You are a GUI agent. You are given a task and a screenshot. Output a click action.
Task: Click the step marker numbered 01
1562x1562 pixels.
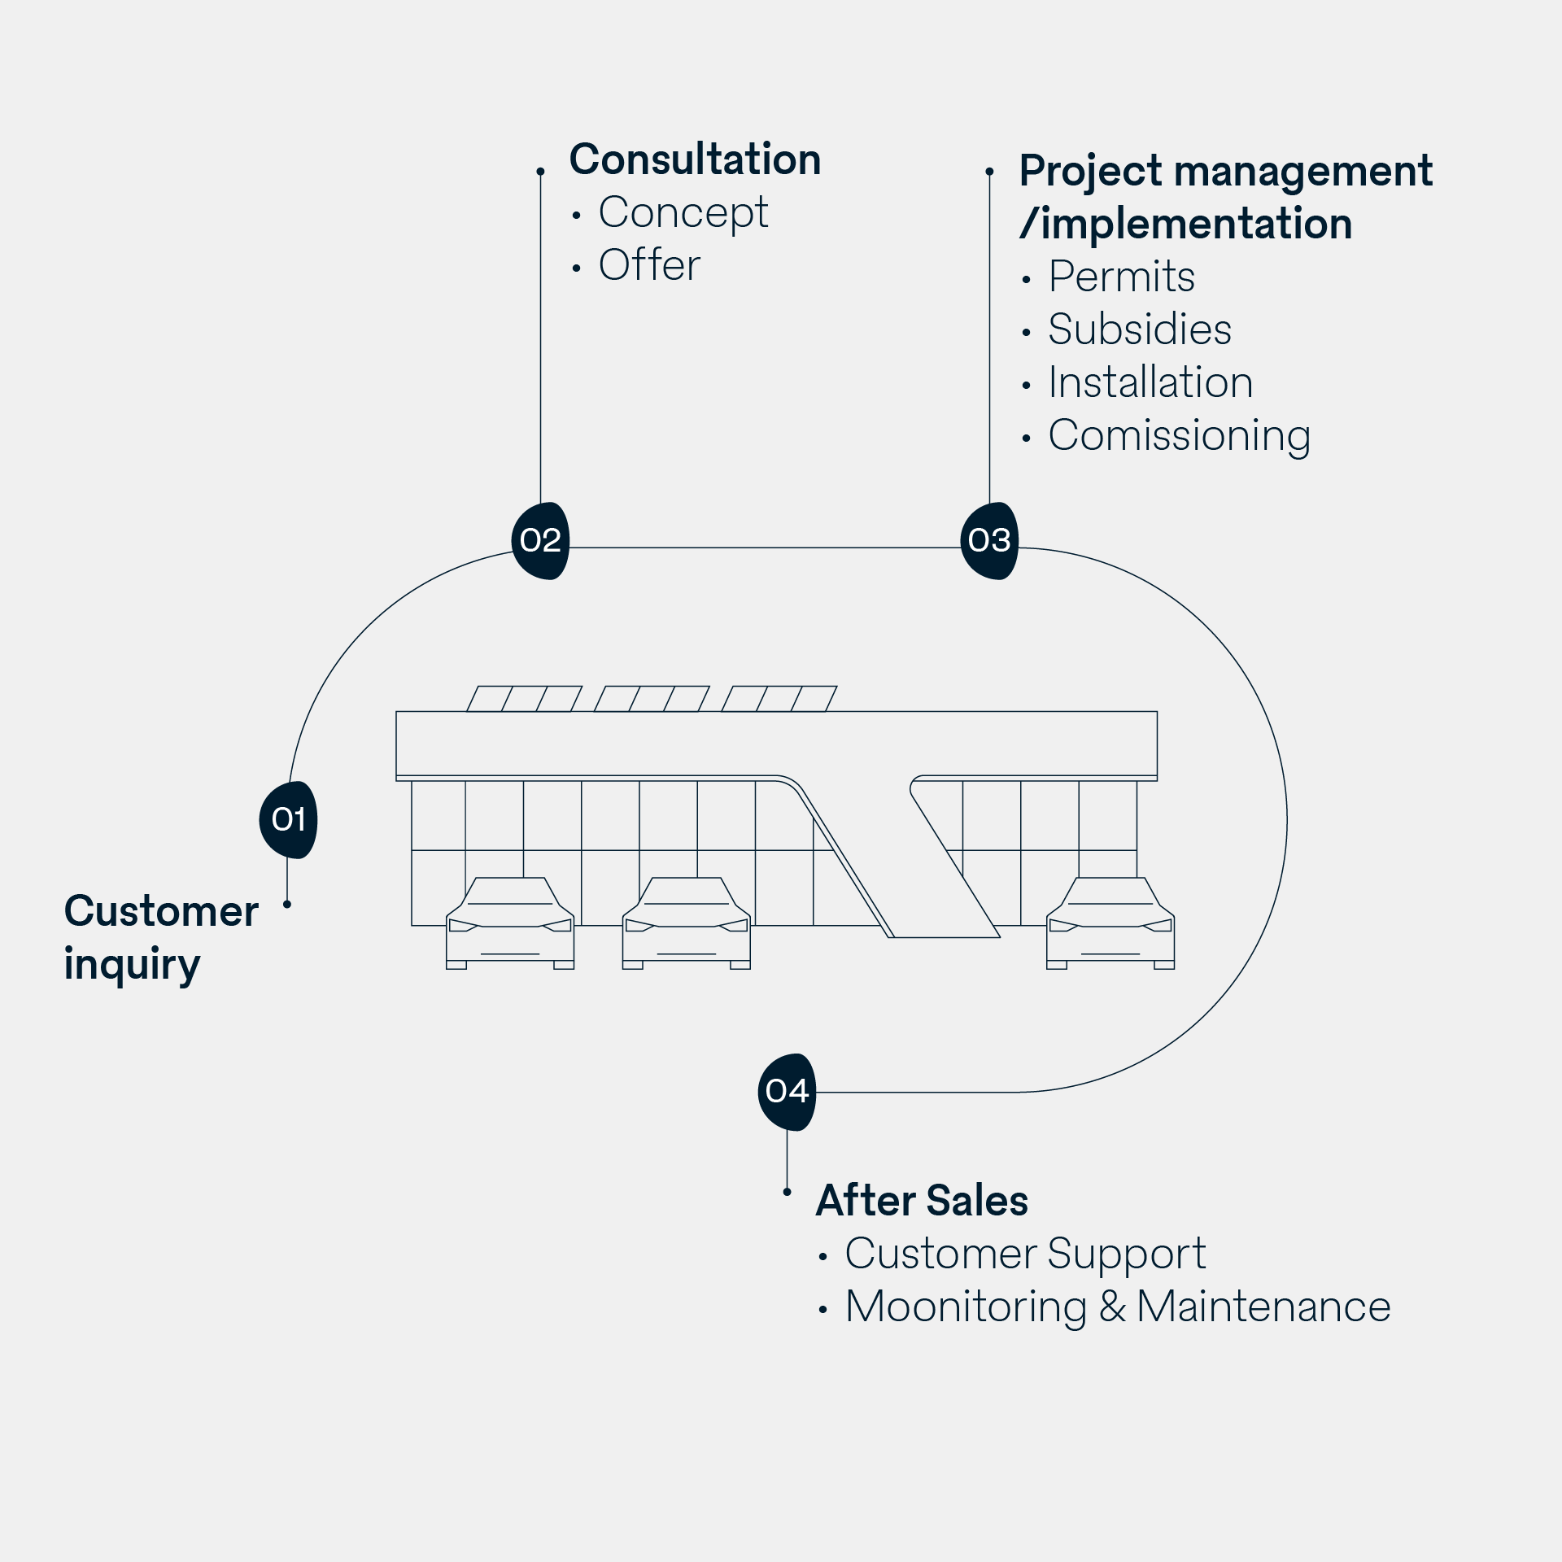[288, 819]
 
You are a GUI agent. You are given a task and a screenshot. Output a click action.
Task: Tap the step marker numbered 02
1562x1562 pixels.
[540, 540]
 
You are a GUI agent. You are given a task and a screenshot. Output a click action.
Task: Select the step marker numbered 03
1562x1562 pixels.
[989, 540]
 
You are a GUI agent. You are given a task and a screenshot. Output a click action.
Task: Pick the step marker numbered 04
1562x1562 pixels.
[787, 1092]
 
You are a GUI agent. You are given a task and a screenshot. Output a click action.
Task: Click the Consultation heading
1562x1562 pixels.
[695, 159]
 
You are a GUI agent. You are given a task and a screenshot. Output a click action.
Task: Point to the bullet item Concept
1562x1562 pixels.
[683, 213]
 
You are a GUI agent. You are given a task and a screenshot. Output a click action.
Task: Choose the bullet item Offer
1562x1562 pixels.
[648, 265]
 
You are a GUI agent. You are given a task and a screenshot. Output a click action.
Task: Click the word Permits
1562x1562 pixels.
[1121, 277]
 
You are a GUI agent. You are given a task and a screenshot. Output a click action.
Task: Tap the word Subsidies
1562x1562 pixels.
[1139, 330]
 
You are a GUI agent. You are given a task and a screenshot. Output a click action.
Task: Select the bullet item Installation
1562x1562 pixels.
[1150, 383]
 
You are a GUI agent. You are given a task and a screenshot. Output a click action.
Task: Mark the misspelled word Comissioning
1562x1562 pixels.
[1179, 436]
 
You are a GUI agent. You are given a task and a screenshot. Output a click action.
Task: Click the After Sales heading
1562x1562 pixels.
[922, 1201]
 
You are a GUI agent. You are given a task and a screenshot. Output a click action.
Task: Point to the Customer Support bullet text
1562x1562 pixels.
[1024, 1254]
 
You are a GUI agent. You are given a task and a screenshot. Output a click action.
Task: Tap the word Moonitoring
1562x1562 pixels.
[966, 1307]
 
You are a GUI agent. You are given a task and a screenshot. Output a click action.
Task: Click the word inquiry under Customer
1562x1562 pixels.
[132, 965]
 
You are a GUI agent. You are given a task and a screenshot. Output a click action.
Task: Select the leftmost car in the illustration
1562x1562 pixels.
[510, 923]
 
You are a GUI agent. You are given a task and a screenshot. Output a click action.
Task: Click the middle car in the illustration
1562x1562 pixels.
[686, 923]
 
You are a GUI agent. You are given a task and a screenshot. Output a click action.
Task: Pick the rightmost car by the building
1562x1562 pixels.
[1110, 923]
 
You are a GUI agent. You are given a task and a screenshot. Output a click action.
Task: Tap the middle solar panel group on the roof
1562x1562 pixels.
[652, 699]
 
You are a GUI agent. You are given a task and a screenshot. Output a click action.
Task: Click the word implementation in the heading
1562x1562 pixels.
[1196, 224]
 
